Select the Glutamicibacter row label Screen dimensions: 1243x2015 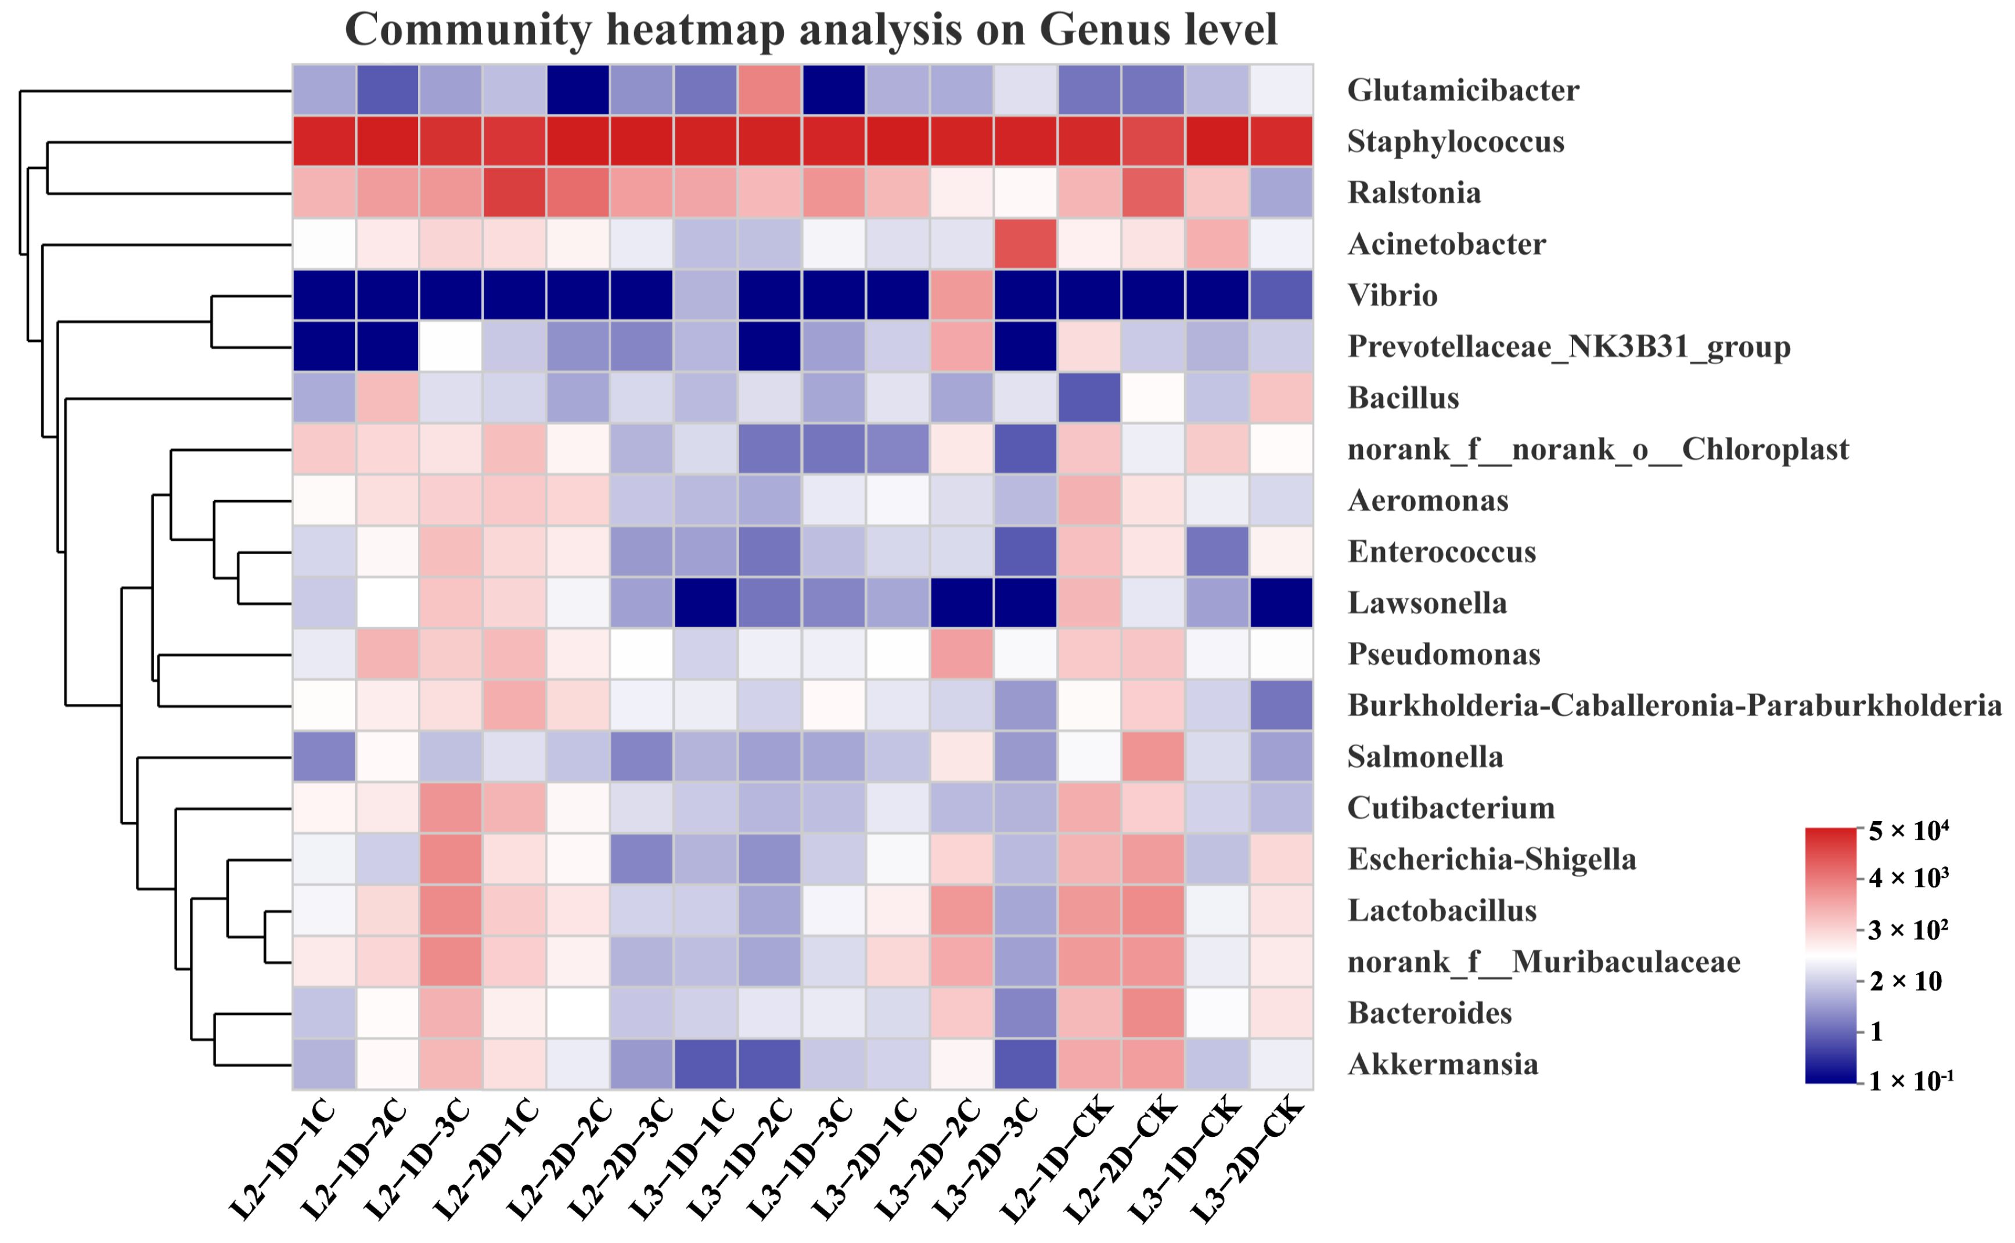pyautogui.click(x=1462, y=91)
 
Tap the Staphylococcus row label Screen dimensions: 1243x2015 pyautogui.click(x=1455, y=142)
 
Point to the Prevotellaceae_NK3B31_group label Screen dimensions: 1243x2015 pyautogui.click(x=1568, y=347)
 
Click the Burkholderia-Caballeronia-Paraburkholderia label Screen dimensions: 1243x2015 pyautogui.click(x=1674, y=706)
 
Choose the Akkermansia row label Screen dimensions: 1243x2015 pyautogui.click(x=1442, y=1065)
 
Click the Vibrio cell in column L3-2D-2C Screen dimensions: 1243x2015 pyautogui.click(x=962, y=295)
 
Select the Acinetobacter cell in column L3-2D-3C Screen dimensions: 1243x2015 pyautogui.click(x=1026, y=244)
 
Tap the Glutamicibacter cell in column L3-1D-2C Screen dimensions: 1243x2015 pyautogui.click(x=770, y=91)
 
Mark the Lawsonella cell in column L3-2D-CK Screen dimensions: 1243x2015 pyautogui.click(x=1282, y=602)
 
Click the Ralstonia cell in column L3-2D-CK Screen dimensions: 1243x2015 pyautogui.click(x=1282, y=193)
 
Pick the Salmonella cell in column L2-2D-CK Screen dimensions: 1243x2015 pyautogui.click(x=1153, y=756)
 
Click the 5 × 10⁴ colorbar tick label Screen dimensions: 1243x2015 pyautogui.click(x=1908, y=831)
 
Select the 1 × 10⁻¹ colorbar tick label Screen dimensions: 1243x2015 pyautogui.click(x=1910, y=1082)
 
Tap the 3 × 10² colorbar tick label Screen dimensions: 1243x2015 pyautogui.click(x=1908, y=931)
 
